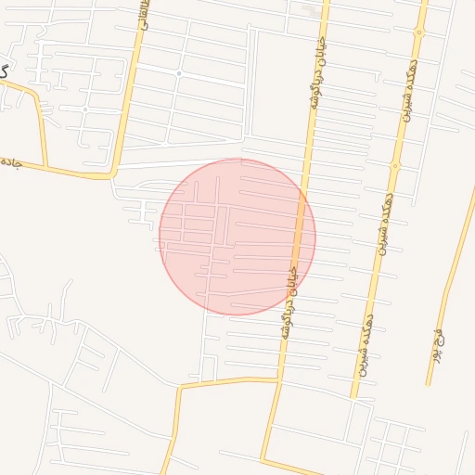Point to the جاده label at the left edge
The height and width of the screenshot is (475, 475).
pyautogui.click(x=10, y=162)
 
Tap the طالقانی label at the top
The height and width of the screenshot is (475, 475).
pyautogui.click(x=144, y=13)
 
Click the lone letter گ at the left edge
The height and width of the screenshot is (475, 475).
pyautogui.click(x=5, y=71)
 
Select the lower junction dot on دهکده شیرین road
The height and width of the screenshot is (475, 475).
pyautogui.click(x=395, y=167)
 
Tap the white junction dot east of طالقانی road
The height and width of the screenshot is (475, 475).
pyautogui.click(x=179, y=72)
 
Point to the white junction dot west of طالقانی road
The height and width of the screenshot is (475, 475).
pyautogui.click(x=84, y=109)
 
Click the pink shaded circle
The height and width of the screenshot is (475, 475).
pyautogui.click(x=237, y=237)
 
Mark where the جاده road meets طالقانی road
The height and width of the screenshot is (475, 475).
pyautogui.click(x=112, y=173)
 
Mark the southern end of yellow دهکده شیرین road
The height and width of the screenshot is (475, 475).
pyautogui.click(x=353, y=397)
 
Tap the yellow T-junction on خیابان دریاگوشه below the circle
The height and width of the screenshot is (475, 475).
pyautogui.click(x=278, y=379)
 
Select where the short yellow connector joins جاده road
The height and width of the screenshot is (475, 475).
pyautogui.click(x=45, y=166)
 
